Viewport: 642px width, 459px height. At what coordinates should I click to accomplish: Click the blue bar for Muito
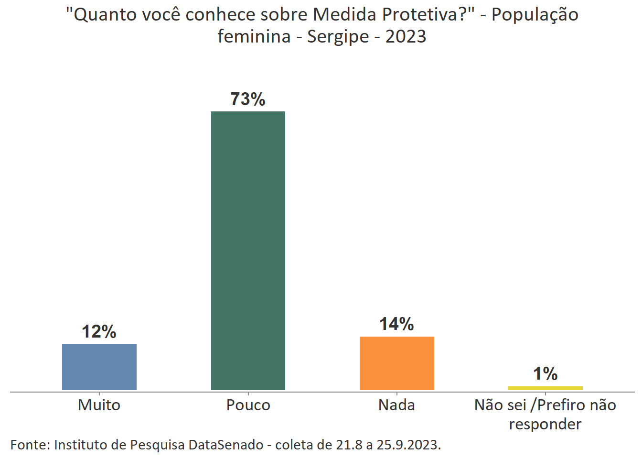click(x=99, y=367)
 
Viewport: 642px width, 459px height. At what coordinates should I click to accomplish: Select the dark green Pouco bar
click(x=248, y=251)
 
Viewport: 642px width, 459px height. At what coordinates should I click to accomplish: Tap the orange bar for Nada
click(x=396, y=363)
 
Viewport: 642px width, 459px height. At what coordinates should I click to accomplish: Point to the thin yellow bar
click(x=545, y=388)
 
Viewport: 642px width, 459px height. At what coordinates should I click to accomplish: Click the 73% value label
click(x=248, y=99)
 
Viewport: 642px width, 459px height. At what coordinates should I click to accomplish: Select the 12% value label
click(x=99, y=331)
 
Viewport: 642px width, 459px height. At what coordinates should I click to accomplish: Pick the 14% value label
click(x=396, y=324)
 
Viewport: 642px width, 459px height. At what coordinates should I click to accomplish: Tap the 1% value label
click(x=545, y=373)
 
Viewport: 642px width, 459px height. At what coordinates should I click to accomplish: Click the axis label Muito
click(x=99, y=405)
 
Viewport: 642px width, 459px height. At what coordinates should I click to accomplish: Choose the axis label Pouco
click(x=248, y=405)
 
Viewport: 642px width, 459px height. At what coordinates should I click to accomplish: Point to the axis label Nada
click(x=396, y=405)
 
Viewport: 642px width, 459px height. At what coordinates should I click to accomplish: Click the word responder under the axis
click(x=545, y=424)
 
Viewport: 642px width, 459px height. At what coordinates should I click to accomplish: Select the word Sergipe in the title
click(x=338, y=37)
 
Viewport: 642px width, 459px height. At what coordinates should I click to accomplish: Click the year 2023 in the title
click(x=406, y=36)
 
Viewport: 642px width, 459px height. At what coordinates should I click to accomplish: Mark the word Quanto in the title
click(x=101, y=15)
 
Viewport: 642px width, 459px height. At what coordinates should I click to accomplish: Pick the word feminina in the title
click(x=254, y=36)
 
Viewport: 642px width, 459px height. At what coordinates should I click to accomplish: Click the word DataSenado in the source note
click(x=225, y=445)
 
